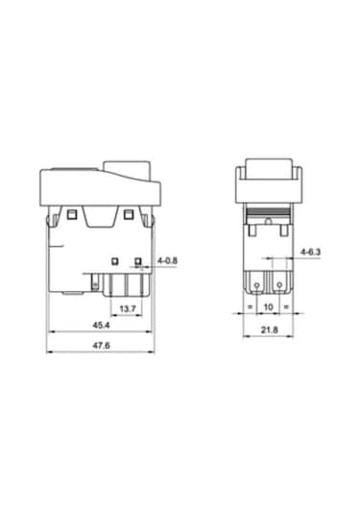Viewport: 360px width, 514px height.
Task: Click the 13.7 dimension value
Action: tap(126, 308)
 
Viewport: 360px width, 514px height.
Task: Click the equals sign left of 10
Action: tap(251, 306)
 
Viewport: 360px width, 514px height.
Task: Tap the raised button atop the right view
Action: tap(270, 167)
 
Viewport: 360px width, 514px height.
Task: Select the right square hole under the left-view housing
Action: tap(129, 211)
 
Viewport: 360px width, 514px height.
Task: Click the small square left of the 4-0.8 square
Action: tap(115, 260)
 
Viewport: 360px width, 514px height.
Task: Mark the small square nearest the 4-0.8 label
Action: tap(138, 260)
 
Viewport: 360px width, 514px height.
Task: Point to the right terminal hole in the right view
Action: tap(279, 284)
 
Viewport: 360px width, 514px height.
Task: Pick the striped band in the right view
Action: tap(270, 211)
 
